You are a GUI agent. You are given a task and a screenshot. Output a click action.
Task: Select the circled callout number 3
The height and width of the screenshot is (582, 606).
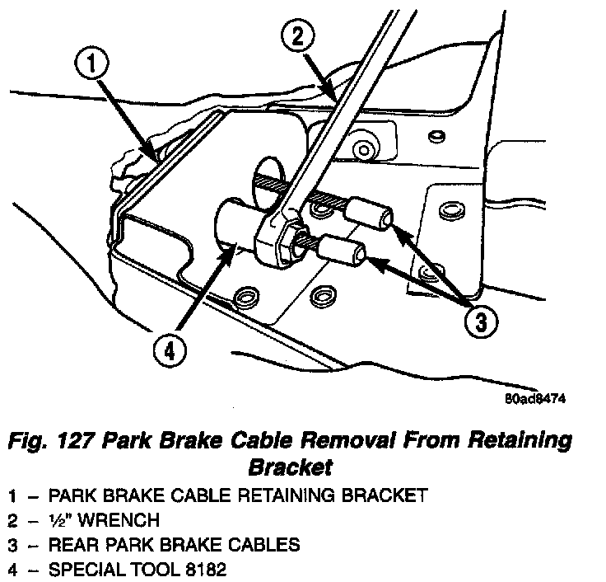(x=482, y=322)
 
